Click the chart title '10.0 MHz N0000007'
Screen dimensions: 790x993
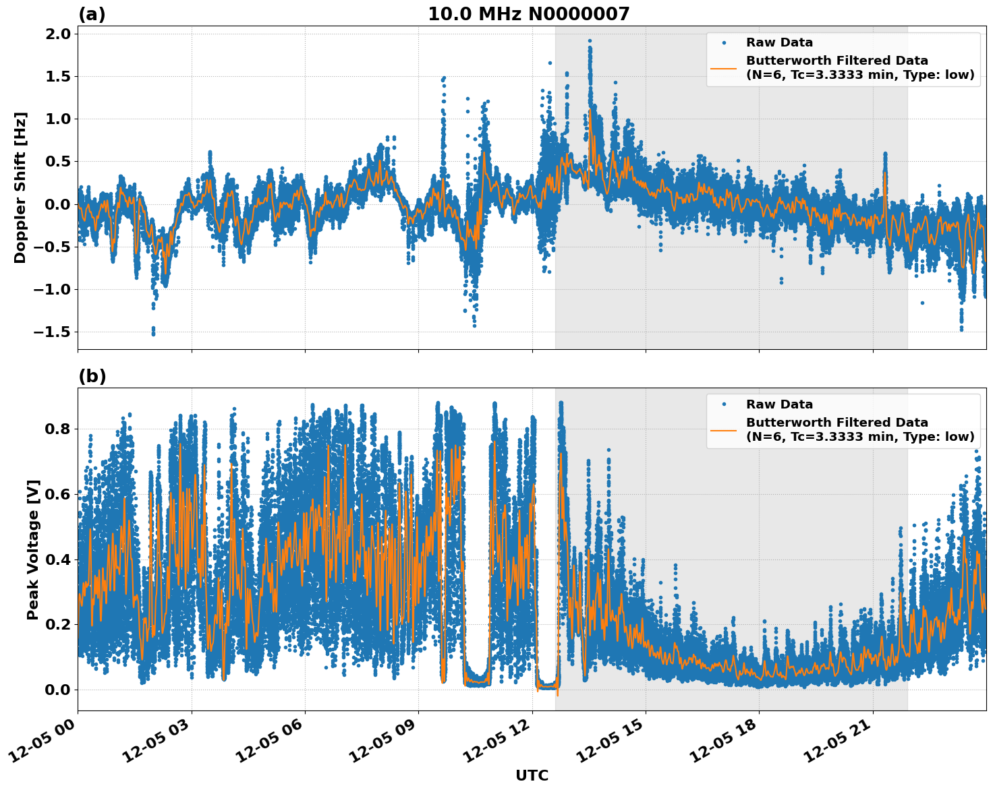click(x=528, y=14)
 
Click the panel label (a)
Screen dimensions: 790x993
click(x=92, y=14)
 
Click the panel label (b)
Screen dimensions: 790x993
click(x=92, y=376)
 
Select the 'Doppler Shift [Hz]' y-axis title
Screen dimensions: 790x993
click(x=20, y=187)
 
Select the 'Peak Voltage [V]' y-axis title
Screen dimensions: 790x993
click(x=32, y=549)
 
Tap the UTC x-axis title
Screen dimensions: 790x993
click(x=532, y=775)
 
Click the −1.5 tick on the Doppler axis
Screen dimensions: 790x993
click(x=53, y=332)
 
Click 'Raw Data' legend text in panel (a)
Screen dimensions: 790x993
click(x=779, y=42)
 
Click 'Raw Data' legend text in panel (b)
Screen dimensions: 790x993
click(x=779, y=404)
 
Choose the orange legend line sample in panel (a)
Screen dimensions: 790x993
click(x=723, y=68)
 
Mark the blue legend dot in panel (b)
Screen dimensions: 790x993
click(x=723, y=404)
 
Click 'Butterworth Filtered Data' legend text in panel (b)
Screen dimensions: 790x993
click(x=836, y=423)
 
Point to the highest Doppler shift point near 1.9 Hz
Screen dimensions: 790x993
click(x=590, y=41)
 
